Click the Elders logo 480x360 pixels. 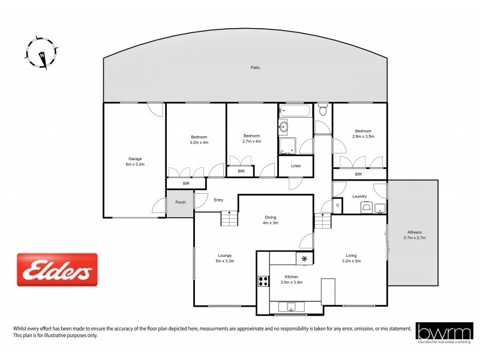pyautogui.click(x=58, y=269)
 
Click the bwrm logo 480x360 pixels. pyautogui.click(x=445, y=332)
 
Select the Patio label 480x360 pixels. pyautogui.click(x=255, y=68)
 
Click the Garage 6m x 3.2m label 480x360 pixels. pyautogui.click(x=135, y=161)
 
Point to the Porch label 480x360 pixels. pyautogui.click(x=181, y=202)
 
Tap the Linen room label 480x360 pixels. pyautogui.click(x=295, y=166)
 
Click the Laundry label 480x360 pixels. pyautogui.click(x=359, y=196)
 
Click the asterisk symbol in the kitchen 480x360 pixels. pyautogui.click(x=305, y=259)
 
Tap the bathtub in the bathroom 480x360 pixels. pyautogui.click(x=295, y=111)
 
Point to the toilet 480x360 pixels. pyautogui.click(x=323, y=110)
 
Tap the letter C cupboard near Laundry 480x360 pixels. pyautogui.click(x=338, y=206)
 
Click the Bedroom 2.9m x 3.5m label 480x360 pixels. pyautogui.click(x=363, y=134)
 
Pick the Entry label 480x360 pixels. pyautogui.click(x=218, y=200)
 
